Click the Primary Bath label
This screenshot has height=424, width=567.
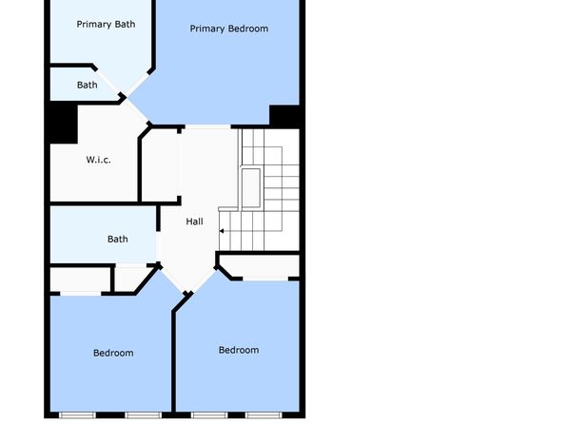pos(106,24)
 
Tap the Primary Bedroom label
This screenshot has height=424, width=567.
pos(229,29)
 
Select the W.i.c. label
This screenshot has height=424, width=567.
pos(98,160)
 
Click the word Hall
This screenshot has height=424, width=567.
pos(194,222)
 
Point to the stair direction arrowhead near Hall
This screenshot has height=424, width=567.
pos(222,231)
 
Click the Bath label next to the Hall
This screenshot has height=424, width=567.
pos(118,239)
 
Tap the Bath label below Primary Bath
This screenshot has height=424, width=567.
pos(88,85)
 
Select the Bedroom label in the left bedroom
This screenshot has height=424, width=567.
pos(113,353)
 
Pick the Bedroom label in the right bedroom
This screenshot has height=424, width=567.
pos(239,350)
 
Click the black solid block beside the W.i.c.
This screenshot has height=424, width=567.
pos(64,124)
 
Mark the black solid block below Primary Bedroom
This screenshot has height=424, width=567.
pos(284,115)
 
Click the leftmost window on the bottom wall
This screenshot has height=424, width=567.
pos(77,414)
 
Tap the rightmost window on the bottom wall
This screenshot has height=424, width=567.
pos(264,414)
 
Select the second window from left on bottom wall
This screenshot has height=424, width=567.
pos(144,414)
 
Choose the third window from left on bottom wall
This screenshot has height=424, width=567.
pos(209,414)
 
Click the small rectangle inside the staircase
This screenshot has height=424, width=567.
pos(251,188)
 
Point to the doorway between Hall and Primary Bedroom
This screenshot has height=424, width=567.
pos(208,126)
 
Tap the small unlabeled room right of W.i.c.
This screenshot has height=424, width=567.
pos(159,164)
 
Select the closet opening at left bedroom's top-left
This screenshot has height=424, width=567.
pos(80,294)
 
